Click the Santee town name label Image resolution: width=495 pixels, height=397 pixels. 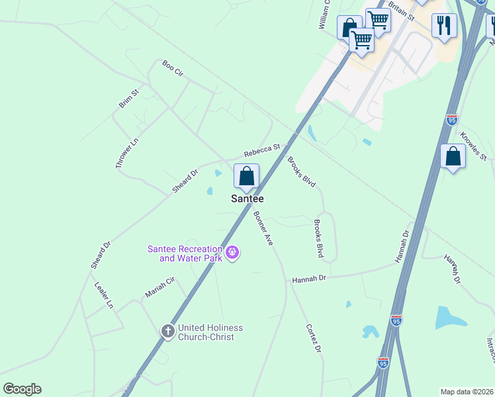click(x=247, y=198)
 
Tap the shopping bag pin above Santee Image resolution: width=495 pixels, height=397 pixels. click(x=246, y=177)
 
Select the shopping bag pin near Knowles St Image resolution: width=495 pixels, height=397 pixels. click(x=453, y=157)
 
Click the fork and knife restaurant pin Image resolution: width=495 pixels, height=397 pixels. click(x=444, y=26)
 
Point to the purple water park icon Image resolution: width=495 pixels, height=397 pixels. click(x=232, y=252)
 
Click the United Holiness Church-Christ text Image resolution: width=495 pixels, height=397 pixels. click(x=210, y=332)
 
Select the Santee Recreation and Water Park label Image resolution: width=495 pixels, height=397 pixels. click(x=185, y=253)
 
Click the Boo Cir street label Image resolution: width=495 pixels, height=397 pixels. click(x=172, y=67)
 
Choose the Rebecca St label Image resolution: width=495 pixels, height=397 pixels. click(x=262, y=151)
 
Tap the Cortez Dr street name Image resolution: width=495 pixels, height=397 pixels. click(x=314, y=338)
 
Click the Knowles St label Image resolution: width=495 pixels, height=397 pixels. click(x=474, y=147)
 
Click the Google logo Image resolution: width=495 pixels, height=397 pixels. click(x=22, y=389)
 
